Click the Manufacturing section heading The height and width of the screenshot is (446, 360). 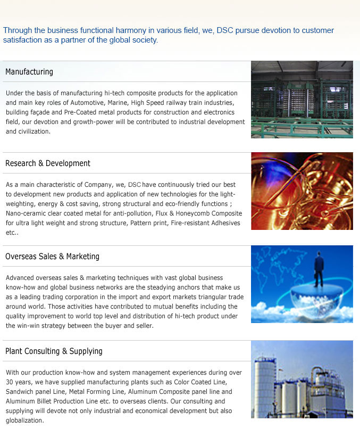[x=29, y=72]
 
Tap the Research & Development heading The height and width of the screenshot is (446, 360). [x=48, y=163]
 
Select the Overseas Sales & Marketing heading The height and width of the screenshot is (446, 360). [x=52, y=257]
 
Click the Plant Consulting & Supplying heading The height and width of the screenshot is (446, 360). [x=54, y=351]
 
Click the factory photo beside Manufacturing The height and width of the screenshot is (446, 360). [x=302, y=100]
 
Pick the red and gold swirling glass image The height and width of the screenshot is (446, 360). [x=302, y=191]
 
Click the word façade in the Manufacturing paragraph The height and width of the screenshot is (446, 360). [x=41, y=112]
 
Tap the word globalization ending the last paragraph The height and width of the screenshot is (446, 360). [x=24, y=420]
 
